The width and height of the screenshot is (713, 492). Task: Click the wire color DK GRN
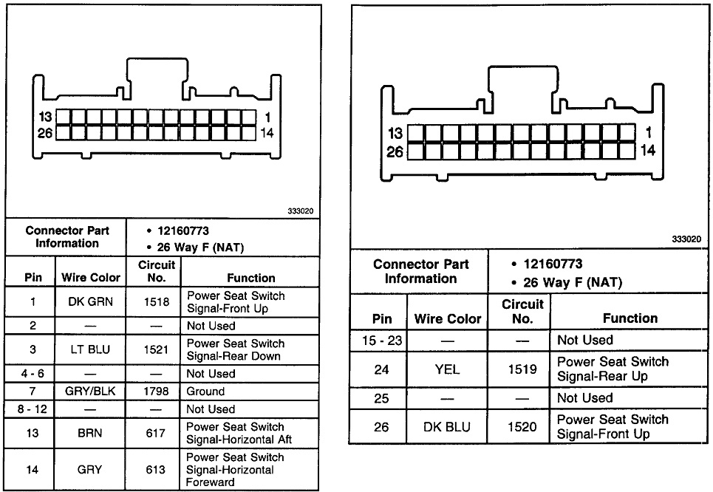point(90,302)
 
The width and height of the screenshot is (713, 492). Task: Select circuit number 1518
point(155,302)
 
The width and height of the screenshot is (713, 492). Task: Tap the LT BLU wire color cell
point(90,349)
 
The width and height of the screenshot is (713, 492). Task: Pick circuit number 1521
point(155,349)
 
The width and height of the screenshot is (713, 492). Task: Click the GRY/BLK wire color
point(90,392)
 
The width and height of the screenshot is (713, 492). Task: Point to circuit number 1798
point(155,392)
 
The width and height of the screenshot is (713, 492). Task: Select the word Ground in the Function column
point(205,392)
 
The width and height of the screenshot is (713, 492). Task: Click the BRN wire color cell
point(90,434)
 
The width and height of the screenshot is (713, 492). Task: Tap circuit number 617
point(155,434)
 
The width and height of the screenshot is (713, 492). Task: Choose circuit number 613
point(155,469)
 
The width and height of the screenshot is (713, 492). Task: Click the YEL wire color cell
point(447,369)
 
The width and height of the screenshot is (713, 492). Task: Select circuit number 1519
point(522,369)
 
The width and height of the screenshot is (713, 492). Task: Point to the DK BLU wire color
point(447,427)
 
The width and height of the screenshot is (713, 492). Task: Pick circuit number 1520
point(522,427)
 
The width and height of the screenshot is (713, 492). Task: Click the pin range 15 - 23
point(382,341)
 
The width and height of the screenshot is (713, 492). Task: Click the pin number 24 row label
point(382,369)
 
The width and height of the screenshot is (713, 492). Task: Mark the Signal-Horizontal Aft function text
point(234,440)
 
